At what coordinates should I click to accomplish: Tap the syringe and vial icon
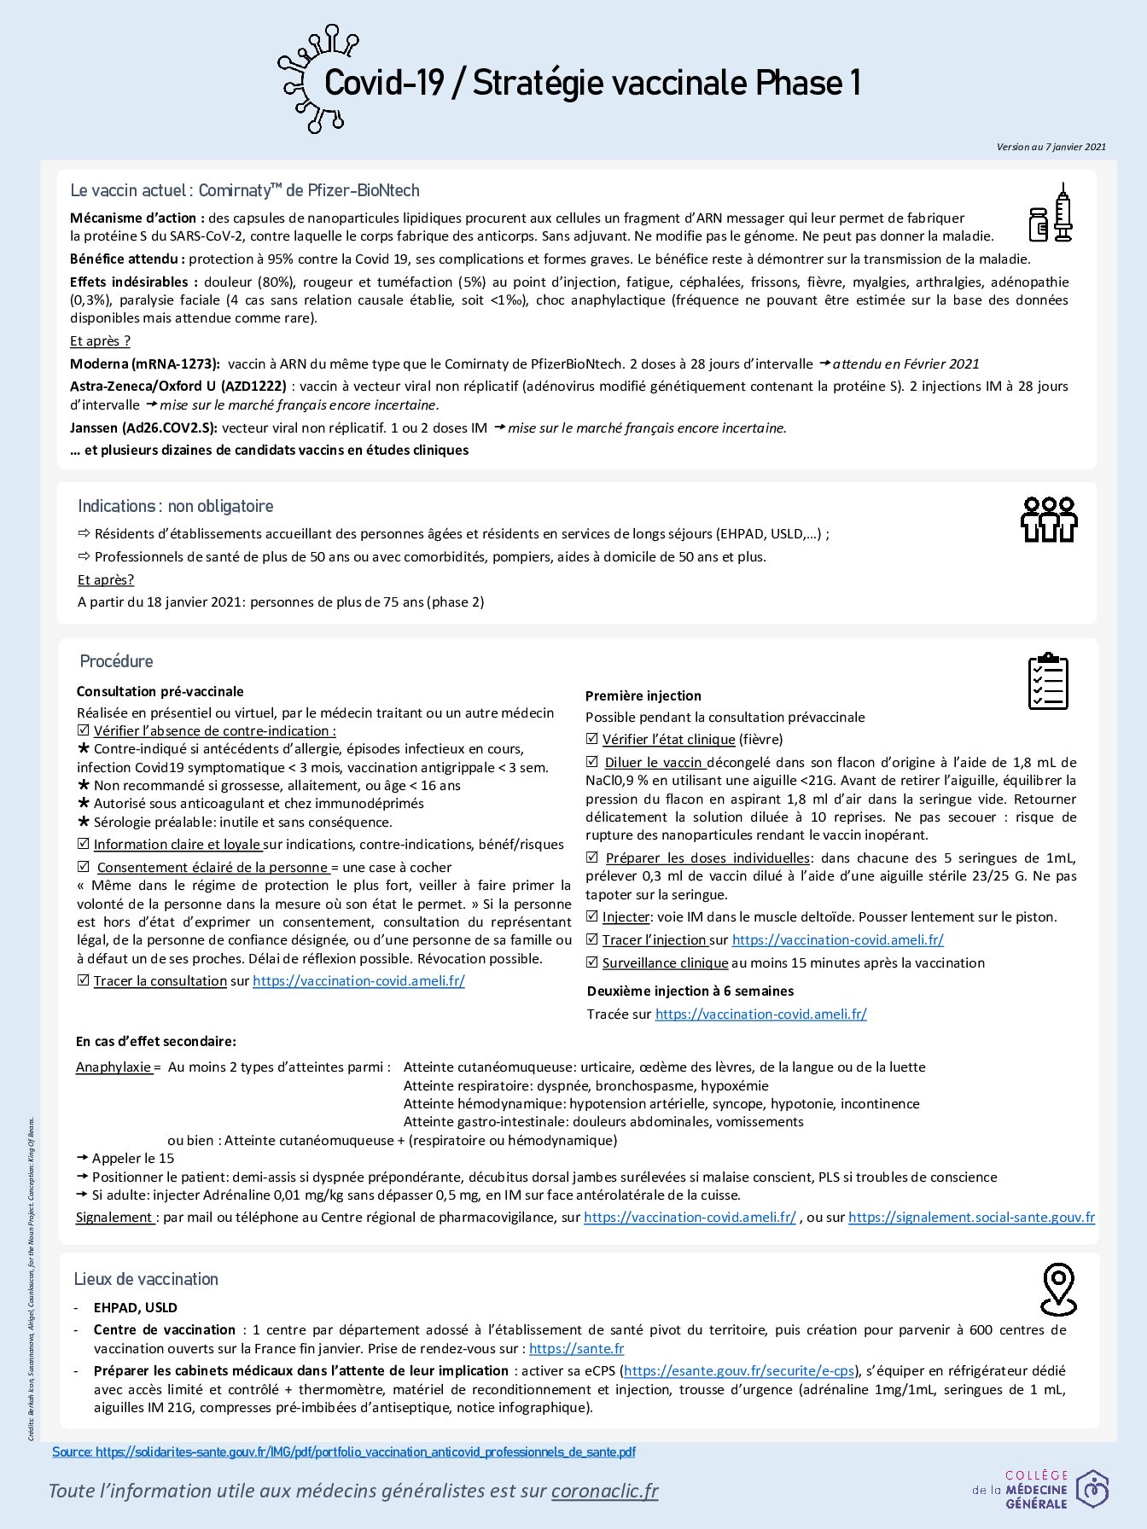(x=1051, y=213)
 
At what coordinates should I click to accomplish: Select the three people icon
(x=1049, y=520)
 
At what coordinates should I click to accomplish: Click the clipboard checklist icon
(x=1048, y=681)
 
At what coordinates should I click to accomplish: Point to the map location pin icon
(x=1058, y=1288)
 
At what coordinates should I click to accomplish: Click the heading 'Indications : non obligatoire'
(x=176, y=506)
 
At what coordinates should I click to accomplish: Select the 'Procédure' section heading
(x=116, y=661)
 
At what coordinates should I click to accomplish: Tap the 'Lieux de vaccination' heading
(x=146, y=1279)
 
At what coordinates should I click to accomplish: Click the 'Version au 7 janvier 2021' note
(x=1051, y=147)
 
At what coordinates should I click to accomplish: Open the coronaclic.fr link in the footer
(x=604, y=1490)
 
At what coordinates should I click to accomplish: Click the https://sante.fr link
(x=576, y=1348)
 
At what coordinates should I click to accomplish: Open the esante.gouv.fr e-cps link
(x=739, y=1370)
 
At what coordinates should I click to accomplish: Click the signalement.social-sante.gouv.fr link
(x=971, y=1217)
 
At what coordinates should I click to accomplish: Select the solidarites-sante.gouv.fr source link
(x=365, y=1451)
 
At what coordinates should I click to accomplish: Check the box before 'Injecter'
(x=592, y=916)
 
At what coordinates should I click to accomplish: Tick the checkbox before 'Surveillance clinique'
(x=592, y=962)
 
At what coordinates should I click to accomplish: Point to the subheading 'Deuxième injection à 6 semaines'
(x=690, y=991)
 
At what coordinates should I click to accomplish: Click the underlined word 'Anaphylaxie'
(x=114, y=1067)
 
